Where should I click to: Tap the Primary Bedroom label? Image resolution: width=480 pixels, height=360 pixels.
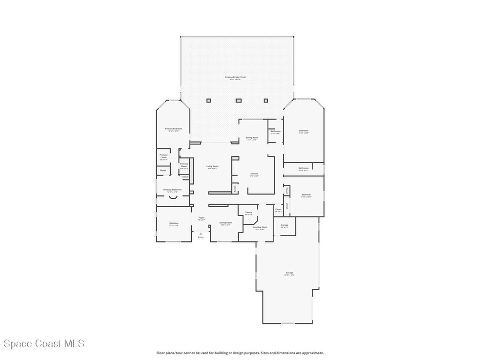[173, 128]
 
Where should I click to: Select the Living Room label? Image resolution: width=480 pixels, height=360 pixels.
[212, 166]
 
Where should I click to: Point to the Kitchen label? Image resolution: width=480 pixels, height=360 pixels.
[254, 173]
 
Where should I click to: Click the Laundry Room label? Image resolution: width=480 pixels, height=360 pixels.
[260, 227]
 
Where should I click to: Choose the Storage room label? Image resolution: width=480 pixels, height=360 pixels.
[285, 225]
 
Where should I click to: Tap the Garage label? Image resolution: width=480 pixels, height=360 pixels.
[289, 272]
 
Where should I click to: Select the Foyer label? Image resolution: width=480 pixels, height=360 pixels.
[201, 217]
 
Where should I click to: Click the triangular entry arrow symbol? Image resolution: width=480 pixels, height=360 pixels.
[201, 233]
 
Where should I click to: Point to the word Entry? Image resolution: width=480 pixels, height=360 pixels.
[201, 237]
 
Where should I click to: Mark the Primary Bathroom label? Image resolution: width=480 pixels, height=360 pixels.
[172, 190]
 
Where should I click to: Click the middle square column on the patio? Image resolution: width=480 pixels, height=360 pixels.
[238, 100]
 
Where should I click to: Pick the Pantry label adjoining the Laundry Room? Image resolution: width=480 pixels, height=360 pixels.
[248, 212]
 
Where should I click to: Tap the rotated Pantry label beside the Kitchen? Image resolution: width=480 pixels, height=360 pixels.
[235, 188]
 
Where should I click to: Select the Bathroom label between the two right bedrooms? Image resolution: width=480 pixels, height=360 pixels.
[304, 168]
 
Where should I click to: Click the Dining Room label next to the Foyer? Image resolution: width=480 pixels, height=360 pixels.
[225, 223]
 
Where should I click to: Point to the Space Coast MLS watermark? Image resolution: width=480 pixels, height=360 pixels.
[42, 344]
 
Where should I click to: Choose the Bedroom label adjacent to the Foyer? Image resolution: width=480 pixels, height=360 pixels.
[173, 223]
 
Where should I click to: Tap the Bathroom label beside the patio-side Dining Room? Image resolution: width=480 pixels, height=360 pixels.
[275, 131]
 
